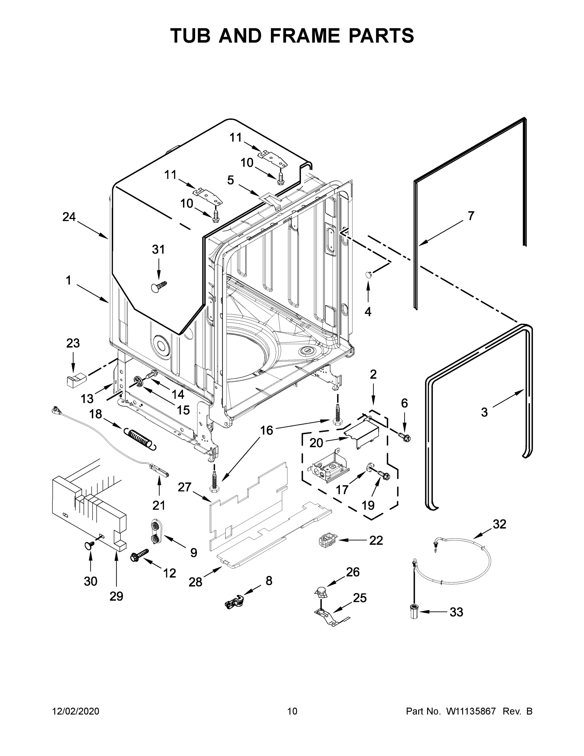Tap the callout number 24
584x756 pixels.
69,217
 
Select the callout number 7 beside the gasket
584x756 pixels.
471,216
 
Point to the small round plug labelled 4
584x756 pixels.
368,275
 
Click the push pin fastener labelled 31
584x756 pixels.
158,287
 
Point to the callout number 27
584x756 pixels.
184,487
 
